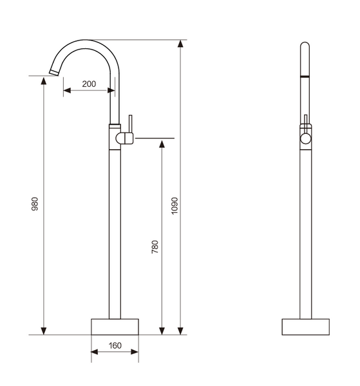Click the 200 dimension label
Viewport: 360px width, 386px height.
tap(89, 84)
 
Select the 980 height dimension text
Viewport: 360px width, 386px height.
tap(35, 204)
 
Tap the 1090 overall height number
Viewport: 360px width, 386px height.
tap(175, 206)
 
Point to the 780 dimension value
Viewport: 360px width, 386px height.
tap(155, 247)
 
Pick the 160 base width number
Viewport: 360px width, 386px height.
tap(115, 345)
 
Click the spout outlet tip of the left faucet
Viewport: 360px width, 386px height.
tap(53, 73)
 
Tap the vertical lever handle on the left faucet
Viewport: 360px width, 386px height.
tap(130, 124)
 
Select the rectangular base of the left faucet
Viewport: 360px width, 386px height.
tap(115, 327)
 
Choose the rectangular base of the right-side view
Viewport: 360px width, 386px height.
tap(305, 327)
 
